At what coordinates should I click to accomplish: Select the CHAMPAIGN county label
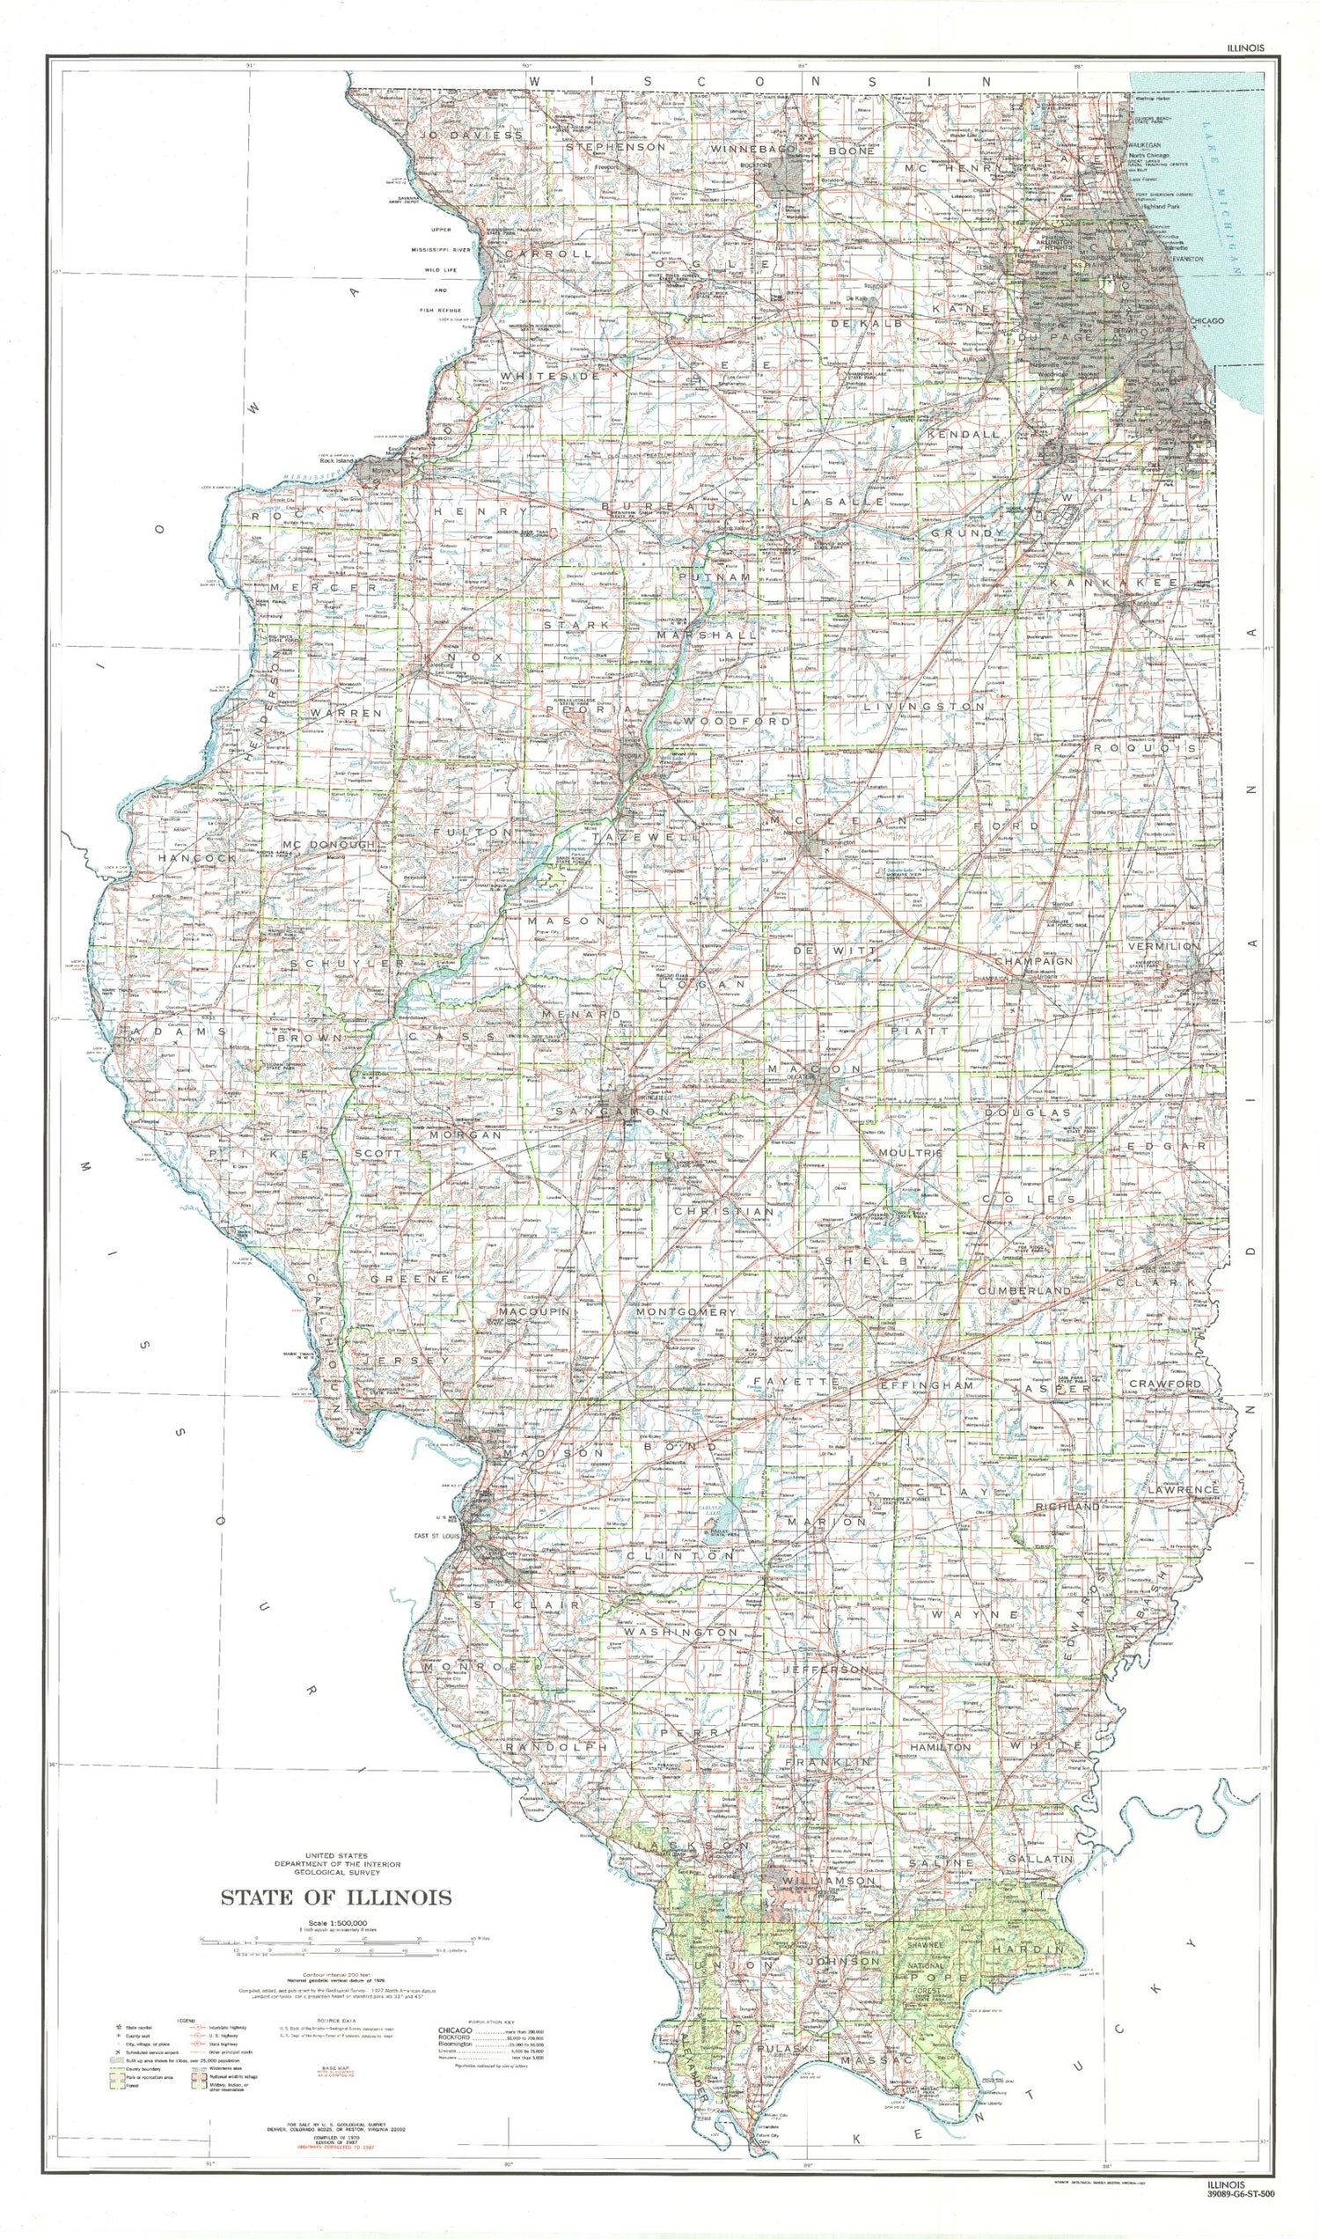[x=1035, y=962]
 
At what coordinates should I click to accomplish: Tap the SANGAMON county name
[x=612, y=1112]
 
